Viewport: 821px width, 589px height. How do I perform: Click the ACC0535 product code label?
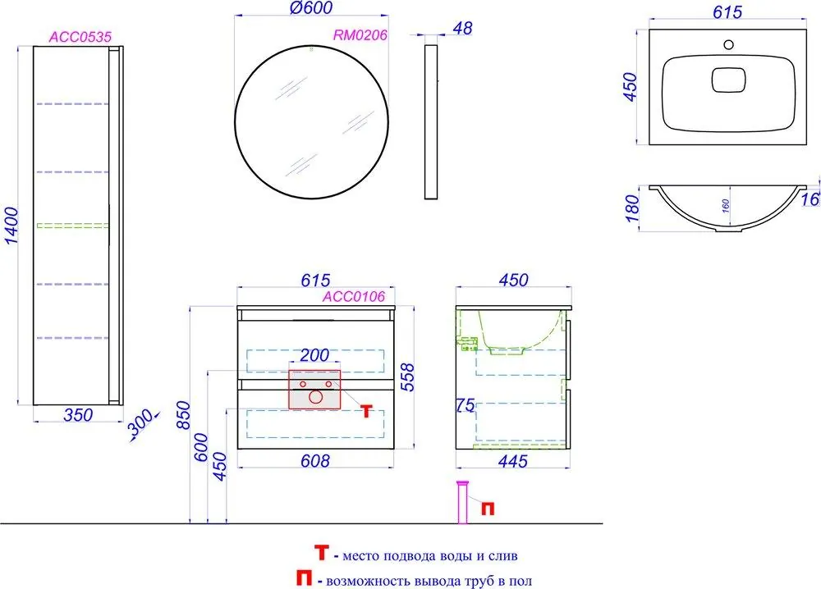click(80, 37)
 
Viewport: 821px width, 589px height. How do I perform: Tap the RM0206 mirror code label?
click(360, 35)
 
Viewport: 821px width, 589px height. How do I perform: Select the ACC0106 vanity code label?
click(353, 297)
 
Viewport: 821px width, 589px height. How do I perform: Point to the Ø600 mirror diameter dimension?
click(311, 8)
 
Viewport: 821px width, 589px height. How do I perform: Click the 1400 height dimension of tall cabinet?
click(11, 226)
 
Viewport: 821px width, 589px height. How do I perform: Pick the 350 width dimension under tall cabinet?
click(78, 415)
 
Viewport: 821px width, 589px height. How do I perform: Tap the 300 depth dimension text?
click(140, 423)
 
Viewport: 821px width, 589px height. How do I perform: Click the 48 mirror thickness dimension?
click(462, 28)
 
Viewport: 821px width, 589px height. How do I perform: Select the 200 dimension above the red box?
click(314, 355)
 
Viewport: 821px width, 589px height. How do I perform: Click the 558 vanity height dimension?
click(407, 377)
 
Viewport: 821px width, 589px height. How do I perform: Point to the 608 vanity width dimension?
click(315, 461)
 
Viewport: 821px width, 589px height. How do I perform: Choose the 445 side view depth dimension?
click(512, 461)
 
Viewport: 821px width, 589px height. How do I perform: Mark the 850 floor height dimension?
click(183, 415)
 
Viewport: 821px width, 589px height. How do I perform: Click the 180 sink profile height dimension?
click(632, 208)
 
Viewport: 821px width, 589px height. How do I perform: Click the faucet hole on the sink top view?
click(728, 44)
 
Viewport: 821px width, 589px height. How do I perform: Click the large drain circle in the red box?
click(315, 397)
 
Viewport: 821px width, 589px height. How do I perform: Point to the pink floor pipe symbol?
click(463, 502)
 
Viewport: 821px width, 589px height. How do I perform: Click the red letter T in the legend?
click(322, 552)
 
